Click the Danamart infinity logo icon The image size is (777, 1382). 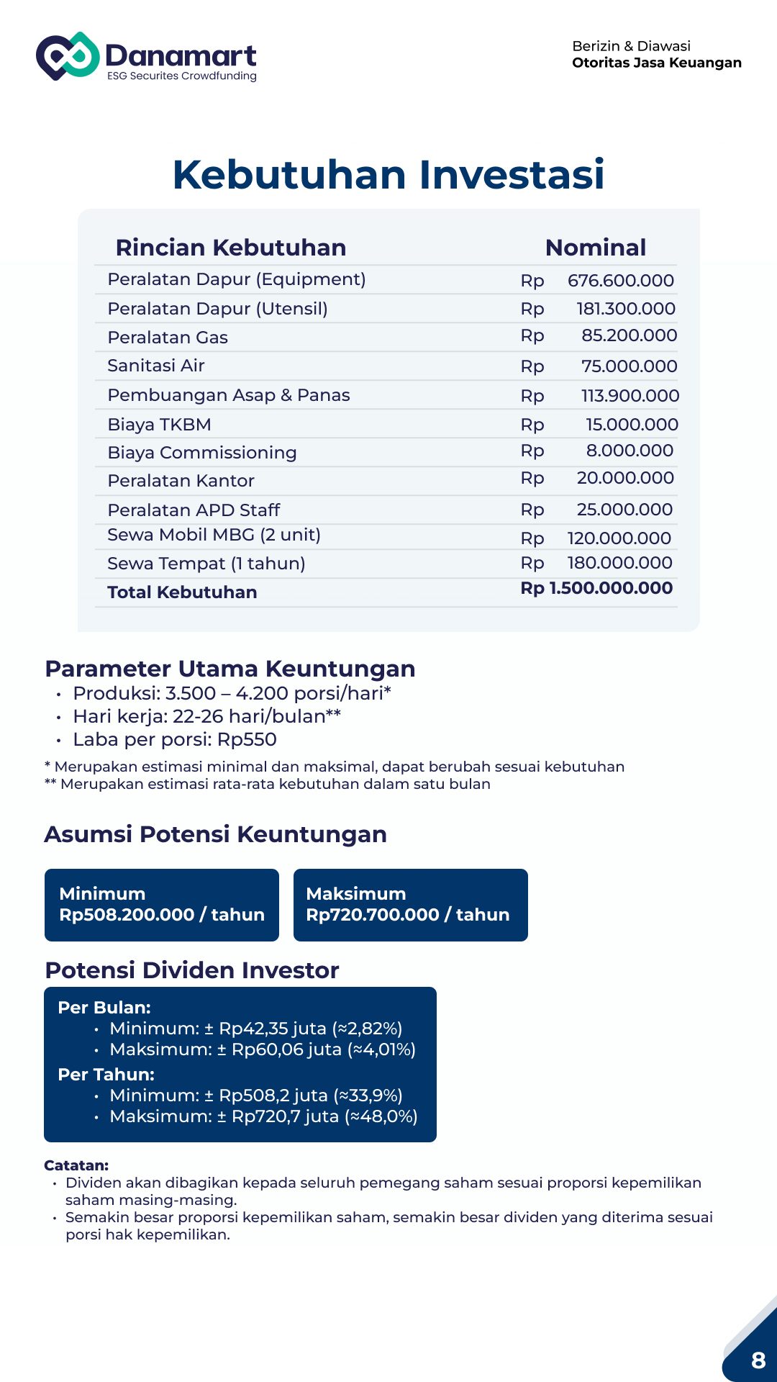68,55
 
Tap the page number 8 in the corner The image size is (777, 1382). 758,1360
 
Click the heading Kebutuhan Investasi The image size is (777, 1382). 388,174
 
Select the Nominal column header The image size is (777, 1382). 595,248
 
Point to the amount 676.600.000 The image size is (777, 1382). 620,281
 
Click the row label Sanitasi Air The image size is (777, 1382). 156,366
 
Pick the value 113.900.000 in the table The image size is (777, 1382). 630,396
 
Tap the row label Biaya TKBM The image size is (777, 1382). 159,425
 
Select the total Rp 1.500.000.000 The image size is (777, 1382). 596,588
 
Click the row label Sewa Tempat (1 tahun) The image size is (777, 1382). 206,564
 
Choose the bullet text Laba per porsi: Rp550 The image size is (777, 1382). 175,739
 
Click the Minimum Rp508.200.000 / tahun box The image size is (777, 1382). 162,905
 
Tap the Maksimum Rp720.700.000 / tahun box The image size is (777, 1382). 410,905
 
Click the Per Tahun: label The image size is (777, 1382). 106,1075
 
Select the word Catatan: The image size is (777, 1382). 76,1165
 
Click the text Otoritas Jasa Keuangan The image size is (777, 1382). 656,63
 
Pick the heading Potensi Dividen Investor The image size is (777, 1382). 192,970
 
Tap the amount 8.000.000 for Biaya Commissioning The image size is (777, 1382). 630,451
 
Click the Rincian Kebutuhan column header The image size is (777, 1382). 231,248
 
